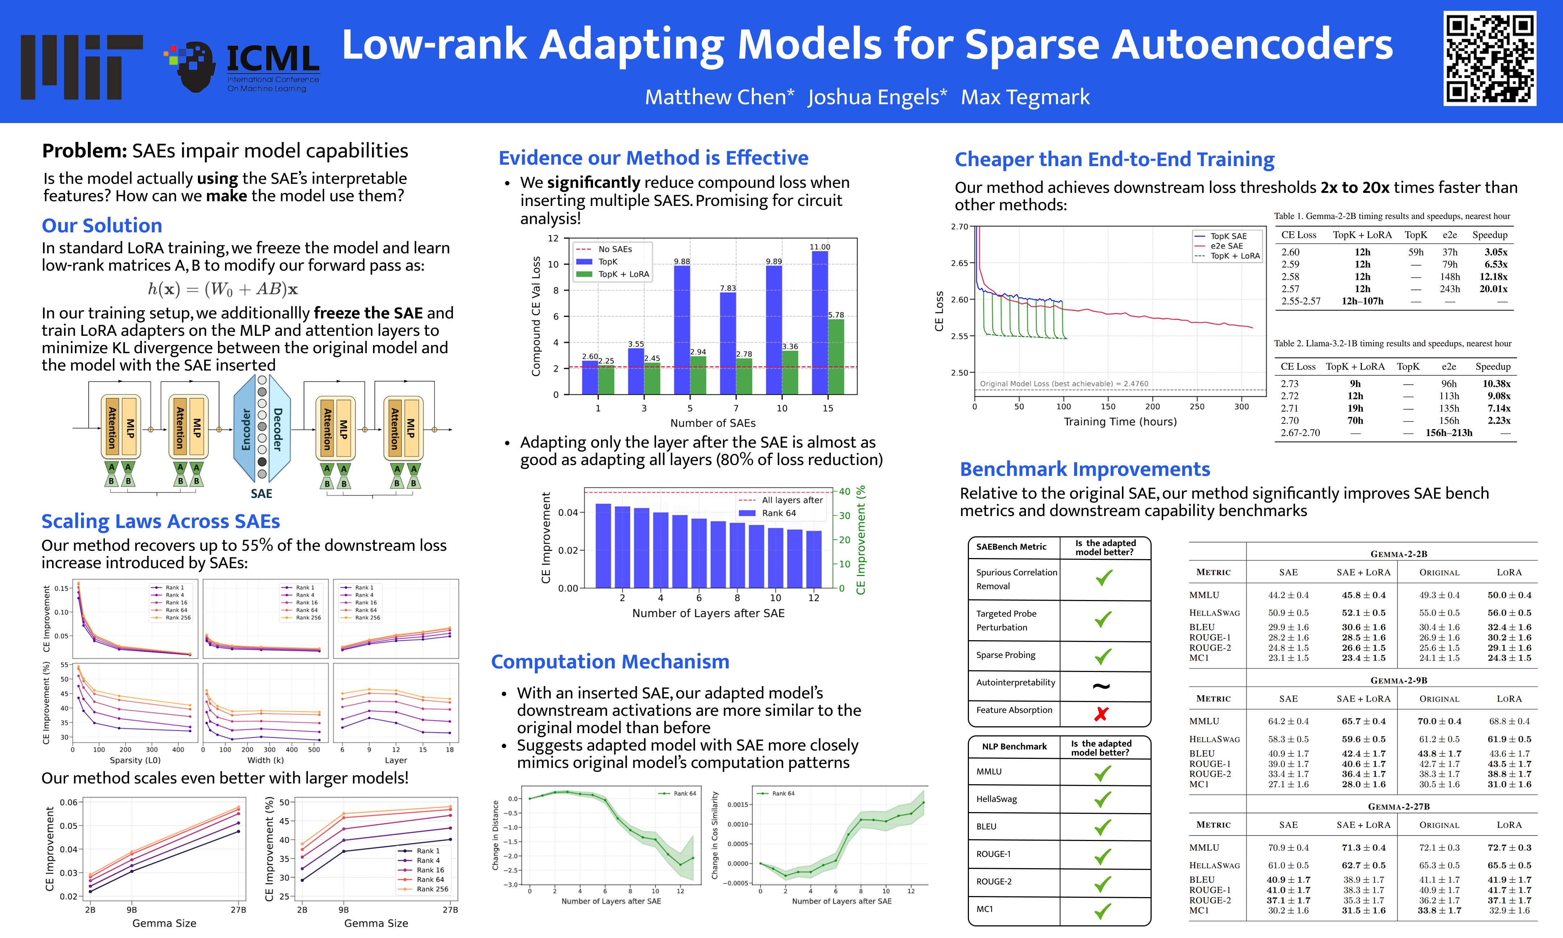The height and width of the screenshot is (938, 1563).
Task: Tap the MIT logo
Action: click(x=81, y=67)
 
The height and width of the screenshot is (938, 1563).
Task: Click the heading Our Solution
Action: click(x=102, y=226)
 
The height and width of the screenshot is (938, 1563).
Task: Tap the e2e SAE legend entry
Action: click(x=1226, y=246)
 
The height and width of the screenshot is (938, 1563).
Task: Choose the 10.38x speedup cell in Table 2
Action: click(x=1496, y=384)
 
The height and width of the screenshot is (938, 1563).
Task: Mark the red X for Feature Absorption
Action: click(x=1101, y=714)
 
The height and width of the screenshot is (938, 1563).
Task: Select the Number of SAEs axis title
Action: click(x=713, y=423)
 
